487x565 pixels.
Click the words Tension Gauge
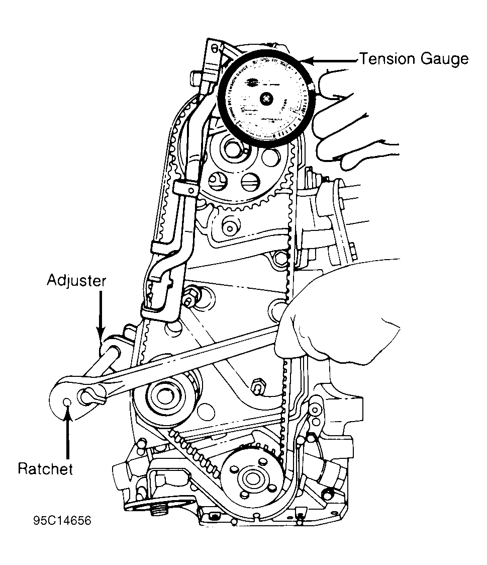[x=413, y=59]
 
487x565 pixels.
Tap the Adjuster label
[x=77, y=280]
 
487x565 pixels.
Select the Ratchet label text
[x=45, y=469]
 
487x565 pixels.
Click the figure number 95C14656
[x=63, y=520]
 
